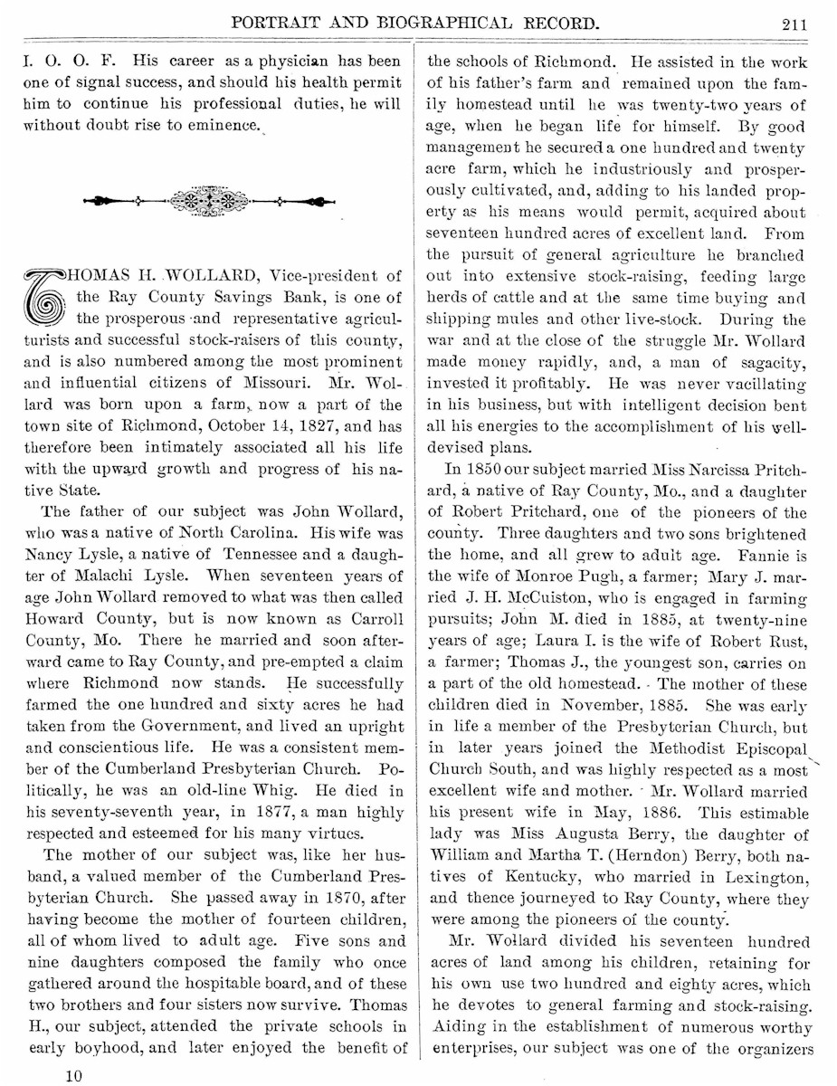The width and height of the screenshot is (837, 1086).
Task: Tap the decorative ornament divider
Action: [x=209, y=199]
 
